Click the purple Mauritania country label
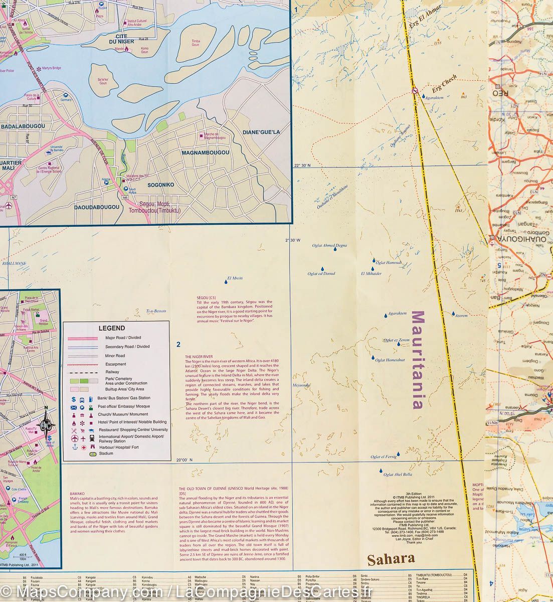point(418,360)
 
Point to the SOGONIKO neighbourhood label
point(160,185)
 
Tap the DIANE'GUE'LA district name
point(261,132)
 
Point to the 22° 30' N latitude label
point(303,166)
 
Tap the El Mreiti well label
point(235,277)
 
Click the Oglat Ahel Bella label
point(399,474)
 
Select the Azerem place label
point(461,316)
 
